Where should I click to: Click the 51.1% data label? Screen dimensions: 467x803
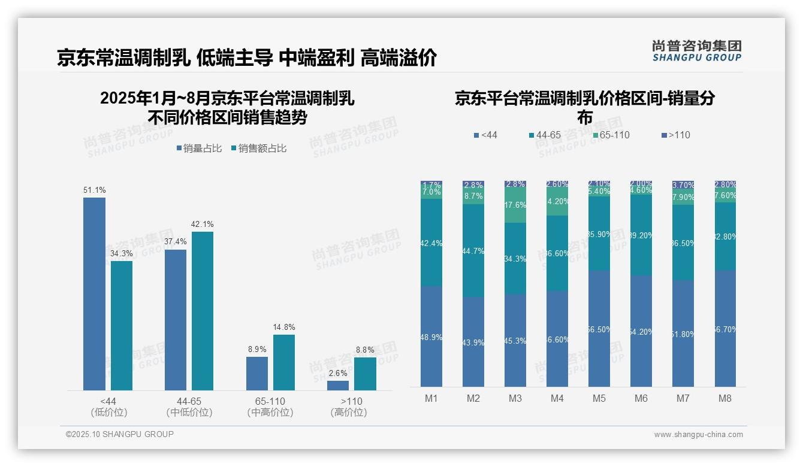click(95, 190)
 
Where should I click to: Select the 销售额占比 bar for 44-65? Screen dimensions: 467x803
click(203, 311)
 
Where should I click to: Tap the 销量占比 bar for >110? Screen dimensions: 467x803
click(338, 386)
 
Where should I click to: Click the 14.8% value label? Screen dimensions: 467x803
click(284, 327)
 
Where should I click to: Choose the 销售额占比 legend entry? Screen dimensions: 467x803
click(258, 148)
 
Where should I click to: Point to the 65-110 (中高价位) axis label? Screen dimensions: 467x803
click(270, 407)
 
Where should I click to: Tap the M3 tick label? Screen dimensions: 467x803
click(515, 398)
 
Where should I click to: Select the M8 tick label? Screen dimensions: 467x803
click(725, 398)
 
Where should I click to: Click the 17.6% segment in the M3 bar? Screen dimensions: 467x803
click(515, 205)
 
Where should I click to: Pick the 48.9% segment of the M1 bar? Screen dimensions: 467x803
click(431, 336)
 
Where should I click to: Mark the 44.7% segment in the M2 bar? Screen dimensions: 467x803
click(473, 251)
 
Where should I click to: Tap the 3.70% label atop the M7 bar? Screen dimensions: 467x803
click(683, 185)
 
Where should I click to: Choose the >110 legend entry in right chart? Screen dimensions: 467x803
click(675, 135)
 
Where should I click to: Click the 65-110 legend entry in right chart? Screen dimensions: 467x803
click(611, 135)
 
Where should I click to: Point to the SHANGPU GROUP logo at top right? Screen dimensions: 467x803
click(696, 51)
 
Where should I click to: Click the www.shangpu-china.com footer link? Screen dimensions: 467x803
click(698, 435)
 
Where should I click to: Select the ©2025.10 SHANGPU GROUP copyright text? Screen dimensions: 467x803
click(120, 434)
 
